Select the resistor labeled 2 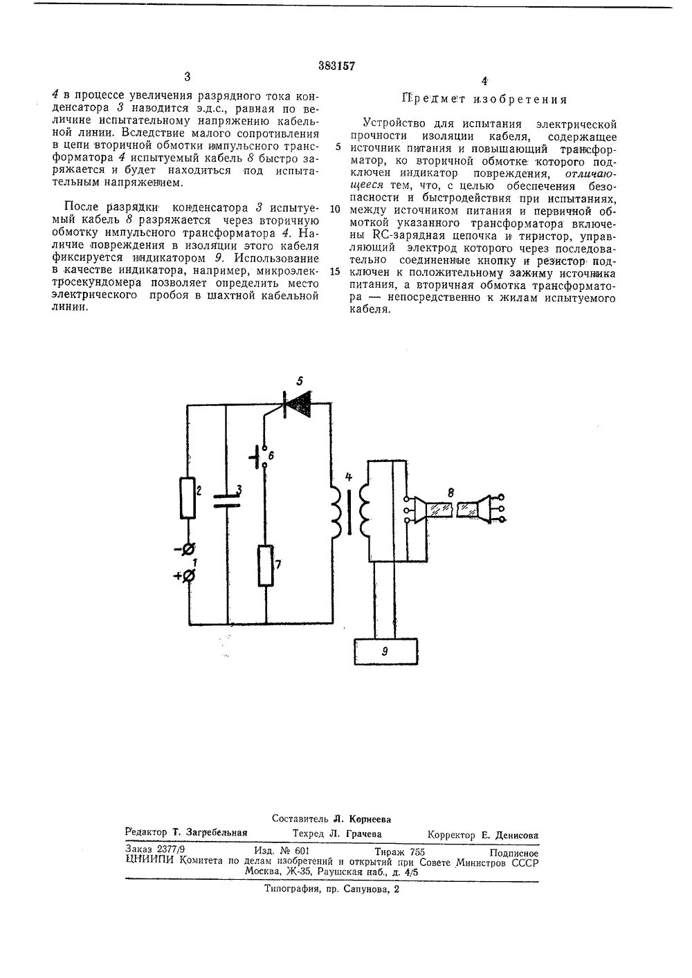click(x=188, y=497)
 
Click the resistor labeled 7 click(x=266, y=566)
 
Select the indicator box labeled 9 click(x=385, y=651)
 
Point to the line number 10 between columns click(x=335, y=209)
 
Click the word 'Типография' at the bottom click(x=290, y=890)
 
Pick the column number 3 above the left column click(x=187, y=77)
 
